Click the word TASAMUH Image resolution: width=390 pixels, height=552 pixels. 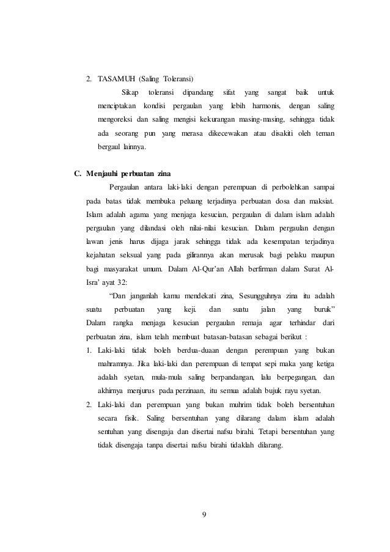(x=118, y=79)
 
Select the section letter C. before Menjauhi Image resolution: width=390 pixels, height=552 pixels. (x=78, y=173)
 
